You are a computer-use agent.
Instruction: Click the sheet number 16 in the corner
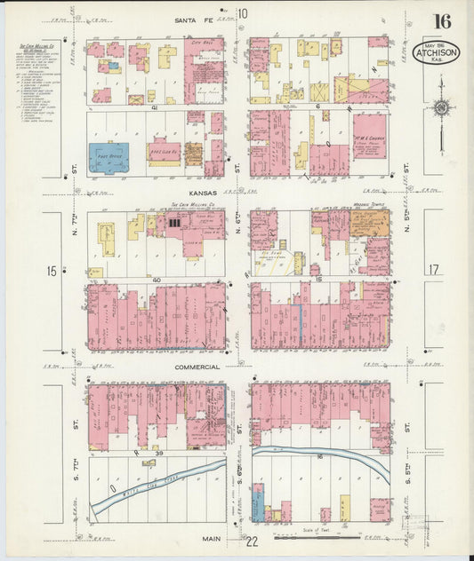(441, 21)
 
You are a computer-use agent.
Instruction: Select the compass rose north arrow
(440, 107)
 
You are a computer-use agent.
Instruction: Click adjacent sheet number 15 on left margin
(52, 271)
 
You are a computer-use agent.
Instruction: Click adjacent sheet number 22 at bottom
(253, 541)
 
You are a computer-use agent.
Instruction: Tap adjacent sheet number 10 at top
(242, 13)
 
